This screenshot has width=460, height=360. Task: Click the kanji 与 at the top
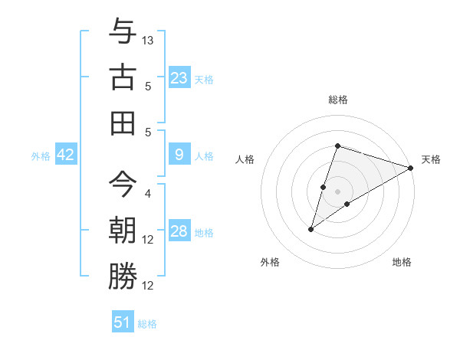tap(123, 32)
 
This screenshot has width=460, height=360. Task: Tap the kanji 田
tap(123, 122)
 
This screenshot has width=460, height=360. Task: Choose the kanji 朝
tap(123, 229)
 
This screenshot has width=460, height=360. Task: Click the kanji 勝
tap(123, 275)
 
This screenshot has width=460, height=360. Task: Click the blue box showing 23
tap(179, 78)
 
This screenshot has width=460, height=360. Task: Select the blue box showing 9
tap(179, 155)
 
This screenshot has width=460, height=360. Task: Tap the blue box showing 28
tap(179, 232)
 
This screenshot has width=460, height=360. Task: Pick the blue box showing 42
tap(66, 155)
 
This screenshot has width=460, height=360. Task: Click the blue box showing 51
tap(123, 322)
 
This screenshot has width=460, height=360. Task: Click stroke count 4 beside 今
tap(148, 194)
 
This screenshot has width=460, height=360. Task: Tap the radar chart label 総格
tap(337, 100)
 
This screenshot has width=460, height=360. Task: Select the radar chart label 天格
tap(431, 159)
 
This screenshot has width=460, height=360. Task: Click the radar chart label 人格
tap(245, 159)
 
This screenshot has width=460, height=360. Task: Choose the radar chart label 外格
tap(270, 262)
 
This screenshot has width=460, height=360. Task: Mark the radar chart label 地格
tap(402, 262)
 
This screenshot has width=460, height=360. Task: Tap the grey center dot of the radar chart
tap(337, 191)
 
